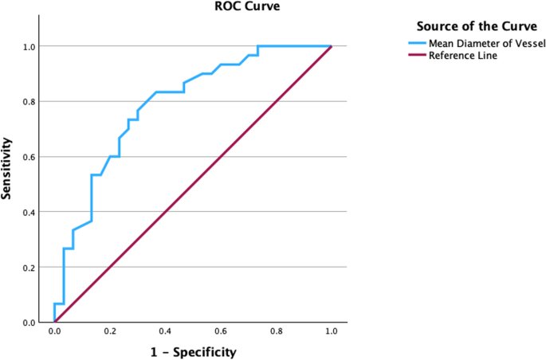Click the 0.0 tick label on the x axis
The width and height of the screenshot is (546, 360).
pyautogui.click(x=54, y=331)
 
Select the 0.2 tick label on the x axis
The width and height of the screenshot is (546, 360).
pyautogui.click(x=109, y=331)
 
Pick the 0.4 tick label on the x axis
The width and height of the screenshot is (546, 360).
pyautogui.click(x=165, y=331)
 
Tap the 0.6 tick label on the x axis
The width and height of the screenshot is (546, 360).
pyautogui.click(x=220, y=331)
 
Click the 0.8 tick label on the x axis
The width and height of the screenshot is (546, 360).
pyautogui.click(x=276, y=331)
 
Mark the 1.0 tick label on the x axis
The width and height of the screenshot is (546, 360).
pyautogui.click(x=331, y=331)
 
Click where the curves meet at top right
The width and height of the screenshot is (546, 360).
pyautogui.click(x=331, y=46)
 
